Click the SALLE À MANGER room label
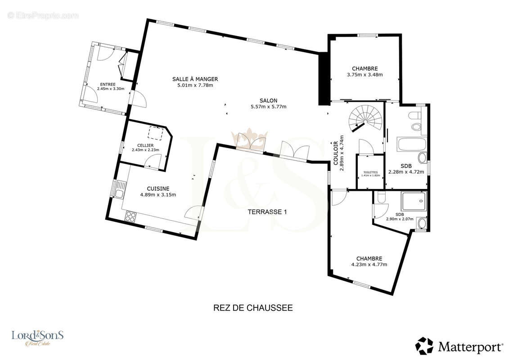pyautogui.click(x=195, y=79)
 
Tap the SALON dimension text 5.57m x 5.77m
pyautogui.click(x=269, y=107)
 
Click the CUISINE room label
pyautogui.click(x=158, y=189)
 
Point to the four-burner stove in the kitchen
pyautogui.click(x=131, y=216)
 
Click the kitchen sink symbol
pyautogui.click(x=119, y=189)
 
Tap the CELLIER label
pyautogui.click(x=145, y=145)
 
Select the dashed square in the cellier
pyautogui.click(x=156, y=133)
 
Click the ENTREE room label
pyautogui.click(x=108, y=85)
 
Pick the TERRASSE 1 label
pyautogui.click(x=267, y=212)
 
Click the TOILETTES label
pyautogui.click(x=370, y=172)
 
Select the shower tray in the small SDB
pyautogui.click(x=413, y=201)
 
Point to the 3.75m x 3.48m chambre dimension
pyautogui.click(x=365, y=75)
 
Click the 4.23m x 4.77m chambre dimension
pyautogui.click(x=369, y=265)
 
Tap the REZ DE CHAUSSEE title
pyautogui.click(x=253, y=308)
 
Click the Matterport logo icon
pyautogui.click(x=425, y=346)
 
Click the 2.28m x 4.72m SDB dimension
pyautogui.click(x=406, y=172)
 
